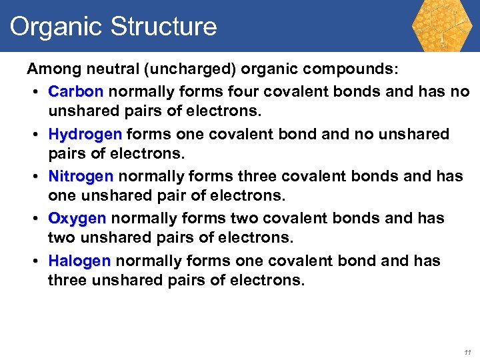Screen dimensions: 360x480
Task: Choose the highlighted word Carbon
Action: tap(75, 91)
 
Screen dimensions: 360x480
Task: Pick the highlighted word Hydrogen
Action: tap(85, 134)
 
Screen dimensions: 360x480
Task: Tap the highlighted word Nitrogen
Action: tap(81, 176)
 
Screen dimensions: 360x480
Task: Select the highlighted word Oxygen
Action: tap(77, 219)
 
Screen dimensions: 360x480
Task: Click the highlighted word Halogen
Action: tap(79, 261)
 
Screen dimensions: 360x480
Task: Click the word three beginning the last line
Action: tap(68, 281)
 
